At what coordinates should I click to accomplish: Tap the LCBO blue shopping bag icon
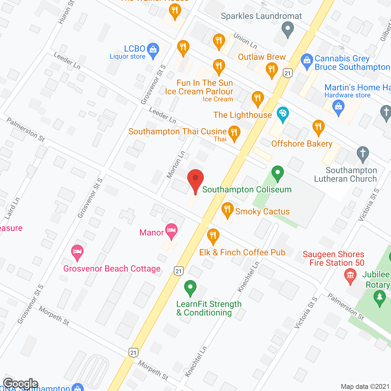[153, 50]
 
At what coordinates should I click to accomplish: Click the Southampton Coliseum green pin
[277, 173]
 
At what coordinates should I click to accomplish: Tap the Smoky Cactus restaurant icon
[227, 210]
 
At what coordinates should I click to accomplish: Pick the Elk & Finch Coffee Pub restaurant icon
[213, 236]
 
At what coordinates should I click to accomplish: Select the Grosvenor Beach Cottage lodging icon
[77, 252]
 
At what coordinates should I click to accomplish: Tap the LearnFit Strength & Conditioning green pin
[190, 288]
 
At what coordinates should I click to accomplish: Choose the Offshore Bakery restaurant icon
[318, 127]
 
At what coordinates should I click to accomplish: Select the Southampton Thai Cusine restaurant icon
[234, 133]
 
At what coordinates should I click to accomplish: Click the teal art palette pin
[283, 114]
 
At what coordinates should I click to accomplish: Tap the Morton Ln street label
[176, 165]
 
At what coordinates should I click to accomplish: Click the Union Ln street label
[245, 41]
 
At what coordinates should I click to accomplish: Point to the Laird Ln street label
[12, 208]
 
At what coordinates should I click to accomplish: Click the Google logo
[20, 384]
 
